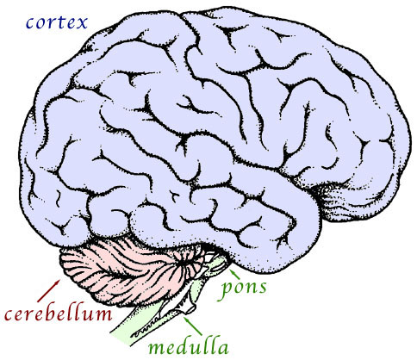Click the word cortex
click(57, 22)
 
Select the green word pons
click(244, 289)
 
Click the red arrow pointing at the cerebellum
click(49, 290)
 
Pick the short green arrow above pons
click(234, 273)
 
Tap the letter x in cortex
click(82, 23)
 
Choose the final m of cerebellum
click(102, 314)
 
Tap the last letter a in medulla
click(222, 348)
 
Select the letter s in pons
click(262, 289)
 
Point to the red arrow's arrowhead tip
click(60, 279)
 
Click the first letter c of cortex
click(30, 24)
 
